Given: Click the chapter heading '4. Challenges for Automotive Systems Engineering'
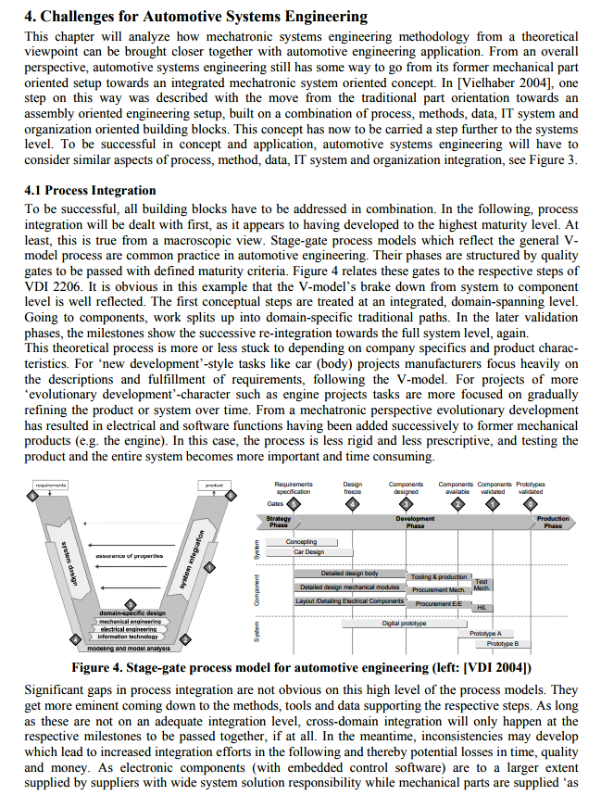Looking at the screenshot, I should [x=195, y=16].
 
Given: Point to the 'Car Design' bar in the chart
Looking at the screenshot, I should [x=308, y=552].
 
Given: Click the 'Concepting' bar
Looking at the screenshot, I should [x=301, y=542].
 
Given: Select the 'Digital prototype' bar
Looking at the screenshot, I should [x=404, y=624].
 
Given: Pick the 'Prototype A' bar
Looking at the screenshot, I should [x=485, y=634].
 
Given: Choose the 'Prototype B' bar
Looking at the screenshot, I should [x=503, y=643].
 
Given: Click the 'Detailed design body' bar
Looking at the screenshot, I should [x=349, y=574].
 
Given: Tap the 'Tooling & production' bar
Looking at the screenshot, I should [x=439, y=576].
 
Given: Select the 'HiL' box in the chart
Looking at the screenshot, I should [x=482, y=608].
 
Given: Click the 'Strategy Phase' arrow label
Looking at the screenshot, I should [x=279, y=522].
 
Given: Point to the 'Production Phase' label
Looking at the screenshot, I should [x=553, y=522].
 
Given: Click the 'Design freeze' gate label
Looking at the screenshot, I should [x=353, y=487].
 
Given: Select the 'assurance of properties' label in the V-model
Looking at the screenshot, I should [x=129, y=556].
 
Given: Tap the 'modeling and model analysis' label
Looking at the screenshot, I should [x=127, y=648].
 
